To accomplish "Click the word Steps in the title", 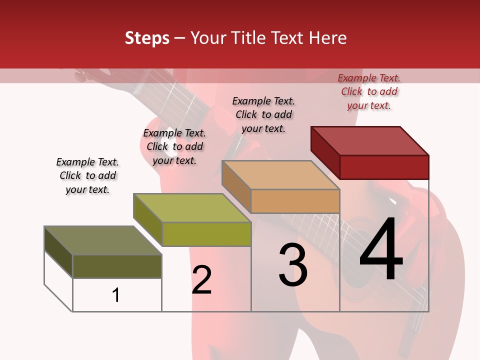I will click(x=147, y=38).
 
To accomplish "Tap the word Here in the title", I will click(x=327, y=38).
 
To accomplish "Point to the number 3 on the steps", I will click(x=293, y=264).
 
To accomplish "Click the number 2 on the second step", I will click(x=201, y=280).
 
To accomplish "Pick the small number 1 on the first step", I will click(x=116, y=295).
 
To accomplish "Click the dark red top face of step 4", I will click(x=370, y=141).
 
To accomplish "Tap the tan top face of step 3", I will click(x=281, y=175).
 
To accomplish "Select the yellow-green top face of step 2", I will click(x=192, y=208).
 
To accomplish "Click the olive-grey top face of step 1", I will click(x=103, y=240).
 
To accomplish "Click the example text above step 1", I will click(x=87, y=175).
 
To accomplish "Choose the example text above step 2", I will click(x=174, y=146).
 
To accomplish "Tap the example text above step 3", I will click(x=263, y=114).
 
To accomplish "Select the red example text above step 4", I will click(x=369, y=91).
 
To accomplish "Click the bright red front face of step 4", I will click(x=384, y=167).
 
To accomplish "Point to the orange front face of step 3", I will click(x=295, y=201).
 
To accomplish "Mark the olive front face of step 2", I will click(x=206, y=234).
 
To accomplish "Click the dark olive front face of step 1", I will click(x=117, y=266).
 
